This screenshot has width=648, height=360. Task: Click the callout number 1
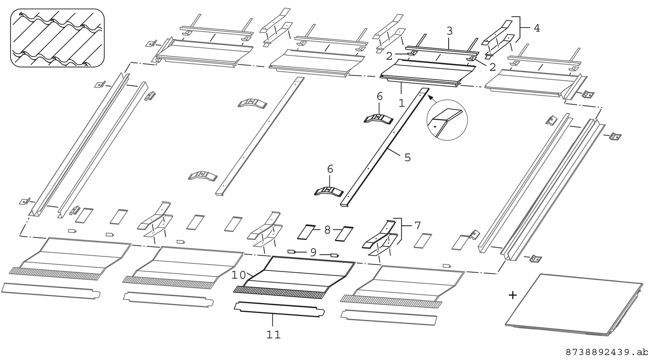[401, 103]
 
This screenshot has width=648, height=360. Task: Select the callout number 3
[449, 31]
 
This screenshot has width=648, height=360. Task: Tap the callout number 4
[537, 28]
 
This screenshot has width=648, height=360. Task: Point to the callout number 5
[407, 157]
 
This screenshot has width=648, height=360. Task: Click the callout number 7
[417, 225]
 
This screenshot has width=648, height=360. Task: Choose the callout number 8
[327, 230]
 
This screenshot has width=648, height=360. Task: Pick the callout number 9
[313, 252]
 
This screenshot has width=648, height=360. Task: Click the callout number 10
[239, 275]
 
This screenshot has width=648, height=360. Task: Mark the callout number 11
[273, 335]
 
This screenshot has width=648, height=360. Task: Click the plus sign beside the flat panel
[512, 295]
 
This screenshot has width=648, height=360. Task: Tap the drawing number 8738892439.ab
[606, 353]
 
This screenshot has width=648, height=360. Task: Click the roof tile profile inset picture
[57, 38]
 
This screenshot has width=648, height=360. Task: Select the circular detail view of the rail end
[447, 120]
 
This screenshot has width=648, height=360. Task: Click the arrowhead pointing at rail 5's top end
[430, 97]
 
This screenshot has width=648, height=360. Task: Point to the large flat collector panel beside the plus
[574, 304]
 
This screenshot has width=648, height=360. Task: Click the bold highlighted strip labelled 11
[279, 309]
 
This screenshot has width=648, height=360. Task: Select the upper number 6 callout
[380, 97]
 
